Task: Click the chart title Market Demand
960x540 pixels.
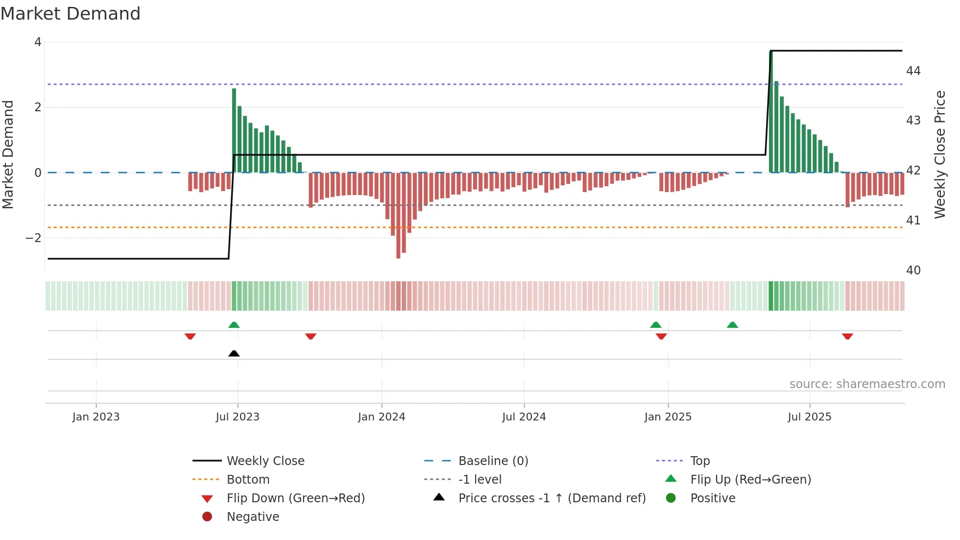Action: (71, 14)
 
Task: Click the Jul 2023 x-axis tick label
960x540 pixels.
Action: (238, 417)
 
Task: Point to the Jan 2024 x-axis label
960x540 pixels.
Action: (382, 417)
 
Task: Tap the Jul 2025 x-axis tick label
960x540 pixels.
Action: (809, 417)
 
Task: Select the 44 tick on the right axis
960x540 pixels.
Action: (913, 71)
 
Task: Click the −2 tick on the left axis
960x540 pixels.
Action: (34, 238)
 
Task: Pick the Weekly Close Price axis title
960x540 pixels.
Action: (939, 154)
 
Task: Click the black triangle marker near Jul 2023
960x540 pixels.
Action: (234, 353)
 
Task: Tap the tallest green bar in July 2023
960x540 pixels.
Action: (234, 130)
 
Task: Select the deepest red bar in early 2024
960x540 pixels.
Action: (398, 216)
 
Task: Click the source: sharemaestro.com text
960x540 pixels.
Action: (867, 384)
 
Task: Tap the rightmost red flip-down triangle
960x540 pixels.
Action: (847, 336)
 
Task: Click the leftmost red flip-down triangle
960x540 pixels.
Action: (190, 336)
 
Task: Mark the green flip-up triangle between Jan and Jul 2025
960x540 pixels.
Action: (732, 325)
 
